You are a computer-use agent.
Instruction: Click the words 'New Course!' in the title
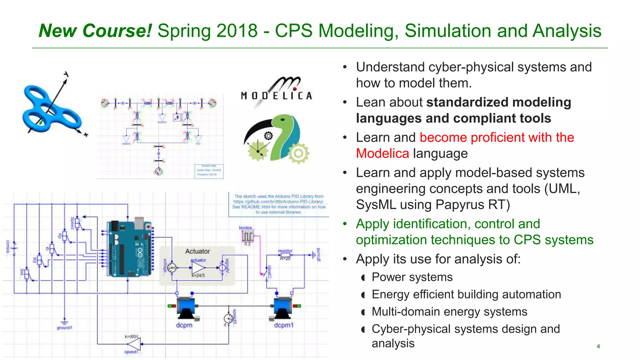(95, 31)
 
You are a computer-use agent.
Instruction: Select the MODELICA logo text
(276, 95)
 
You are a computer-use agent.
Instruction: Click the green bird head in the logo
(286, 122)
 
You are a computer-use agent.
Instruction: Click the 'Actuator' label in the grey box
(197, 251)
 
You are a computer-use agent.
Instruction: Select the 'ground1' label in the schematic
(64, 327)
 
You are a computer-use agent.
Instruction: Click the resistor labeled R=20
(285, 255)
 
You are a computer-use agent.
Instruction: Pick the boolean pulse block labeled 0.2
(247, 237)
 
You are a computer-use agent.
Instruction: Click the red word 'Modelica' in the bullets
(382, 153)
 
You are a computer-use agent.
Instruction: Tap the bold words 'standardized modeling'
(498, 102)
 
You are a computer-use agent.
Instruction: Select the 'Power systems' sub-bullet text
(412, 277)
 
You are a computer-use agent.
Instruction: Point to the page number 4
(598, 346)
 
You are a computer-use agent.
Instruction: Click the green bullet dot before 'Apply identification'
(345, 224)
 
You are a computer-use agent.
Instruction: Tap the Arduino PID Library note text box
(279, 204)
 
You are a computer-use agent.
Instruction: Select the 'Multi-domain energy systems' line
(449, 312)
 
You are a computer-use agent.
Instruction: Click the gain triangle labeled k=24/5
(198, 268)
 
